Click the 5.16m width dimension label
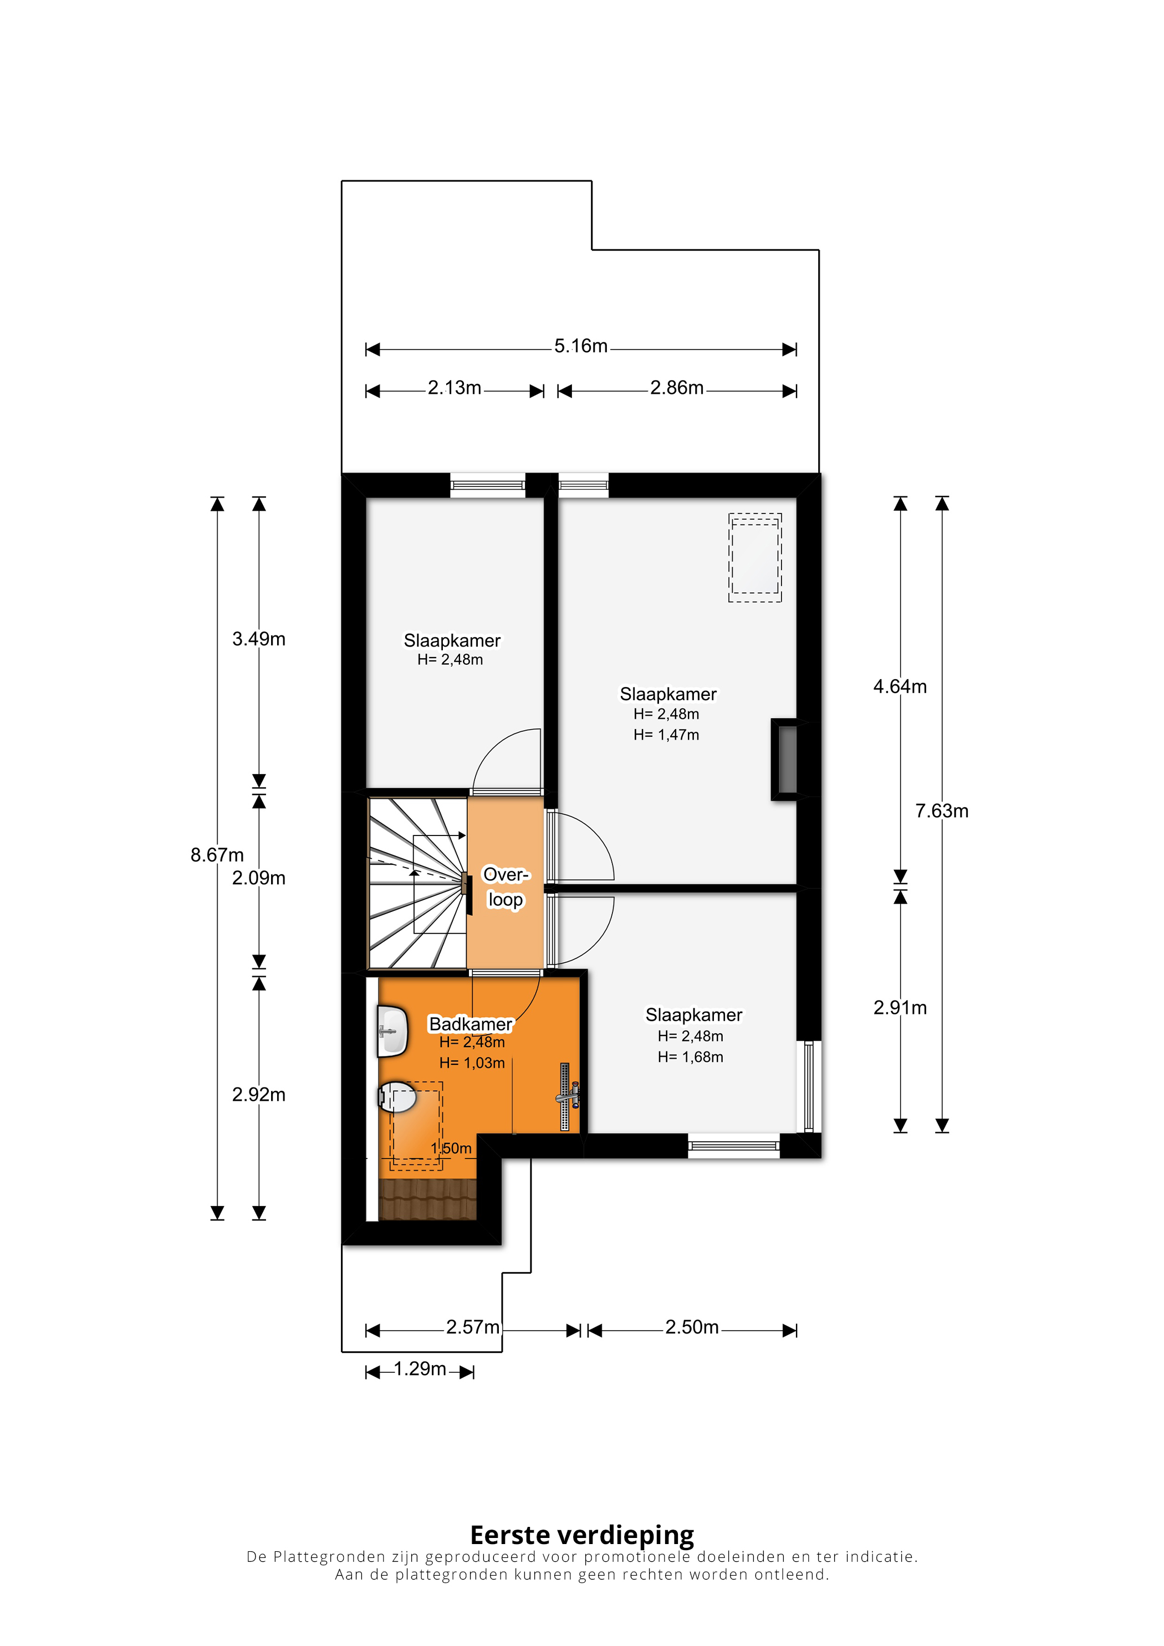coord(581,346)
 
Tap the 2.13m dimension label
coord(455,388)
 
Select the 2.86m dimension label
coord(677,388)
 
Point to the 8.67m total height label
coord(217,855)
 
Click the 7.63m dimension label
coord(942,812)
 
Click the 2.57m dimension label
coord(473,1327)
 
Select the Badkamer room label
coord(471,1024)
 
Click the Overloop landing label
coord(506,888)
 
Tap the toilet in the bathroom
coord(397,1098)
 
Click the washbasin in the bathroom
coord(393,1032)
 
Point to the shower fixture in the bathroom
coord(567,1097)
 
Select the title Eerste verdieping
coord(583,1535)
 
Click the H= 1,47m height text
coord(666,735)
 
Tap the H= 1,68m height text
coord(691,1057)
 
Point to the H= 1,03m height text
coord(472,1063)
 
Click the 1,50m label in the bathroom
coord(451,1148)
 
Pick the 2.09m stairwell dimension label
coord(259,878)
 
